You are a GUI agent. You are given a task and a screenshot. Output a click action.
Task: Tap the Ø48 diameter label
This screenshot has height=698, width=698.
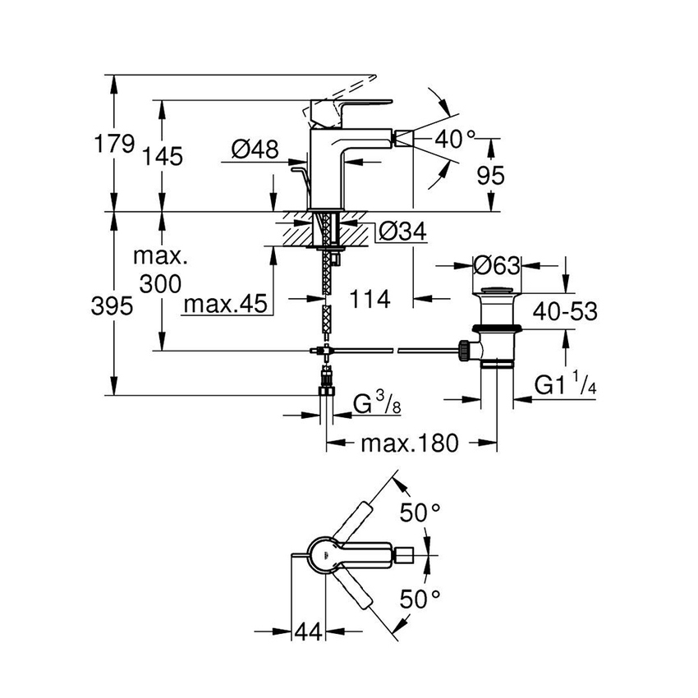[x=255, y=149]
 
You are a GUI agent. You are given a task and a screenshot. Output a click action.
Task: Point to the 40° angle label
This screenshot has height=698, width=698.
[x=456, y=140]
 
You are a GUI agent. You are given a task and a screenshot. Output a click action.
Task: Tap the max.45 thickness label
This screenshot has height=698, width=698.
[x=226, y=304]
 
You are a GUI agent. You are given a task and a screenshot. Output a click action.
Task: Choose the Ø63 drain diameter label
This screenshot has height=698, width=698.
[x=498, y=266]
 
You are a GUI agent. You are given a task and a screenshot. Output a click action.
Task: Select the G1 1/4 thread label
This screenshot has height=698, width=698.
[x=564, y=385]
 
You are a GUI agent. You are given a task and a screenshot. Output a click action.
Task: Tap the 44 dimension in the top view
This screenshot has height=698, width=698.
[x=308, y=631]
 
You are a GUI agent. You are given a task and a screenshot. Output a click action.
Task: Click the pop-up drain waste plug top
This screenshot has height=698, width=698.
[x=498, y=291]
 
